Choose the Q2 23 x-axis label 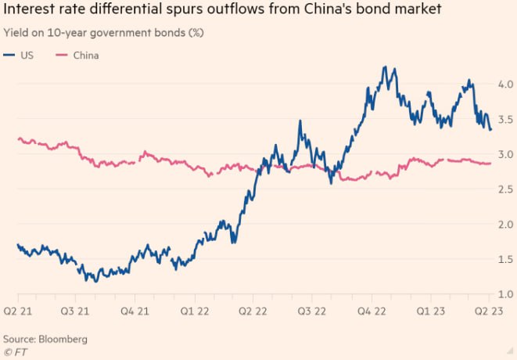(x=478, y=311)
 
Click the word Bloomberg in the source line (x=62, y=339)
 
